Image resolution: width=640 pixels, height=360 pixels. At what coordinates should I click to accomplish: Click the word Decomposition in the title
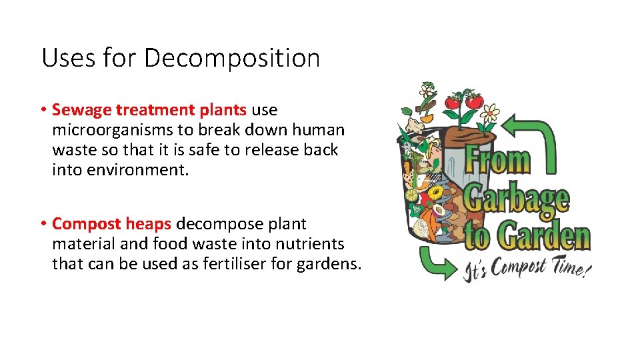tap(232, 59)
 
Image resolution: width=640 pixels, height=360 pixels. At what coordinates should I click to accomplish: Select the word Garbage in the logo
tap(517, 199)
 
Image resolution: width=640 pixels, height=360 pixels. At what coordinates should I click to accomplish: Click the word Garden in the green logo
tap(547, 237)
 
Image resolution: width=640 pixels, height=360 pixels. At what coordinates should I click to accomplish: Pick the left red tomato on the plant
tap(453, 103)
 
